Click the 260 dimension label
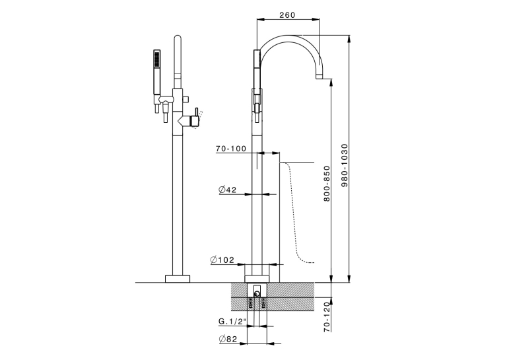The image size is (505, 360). (x=287, y=15)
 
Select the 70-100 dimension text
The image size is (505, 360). (x=231, y=149)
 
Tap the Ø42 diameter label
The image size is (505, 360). (x=227, y=190)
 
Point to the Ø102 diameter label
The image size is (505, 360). (x=222, y=260)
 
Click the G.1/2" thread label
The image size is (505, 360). (x=232, y=321)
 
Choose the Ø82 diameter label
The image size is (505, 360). (x=228, y=339)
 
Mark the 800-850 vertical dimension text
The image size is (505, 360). (x=327, y=184)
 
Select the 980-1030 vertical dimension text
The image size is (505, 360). (x=345, y=165)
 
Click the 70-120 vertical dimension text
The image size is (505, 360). (x=327, y=317)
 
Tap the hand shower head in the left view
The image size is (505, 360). (x=157, y=59)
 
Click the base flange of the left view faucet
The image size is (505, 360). (x=178, y=279)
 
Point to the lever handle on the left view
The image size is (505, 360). (x=196, y=118)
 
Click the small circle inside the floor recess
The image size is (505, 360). (x=257, y=293)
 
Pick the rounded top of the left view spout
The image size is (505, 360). (x=178, y=39)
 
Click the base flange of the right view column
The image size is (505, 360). (x=257, y=279)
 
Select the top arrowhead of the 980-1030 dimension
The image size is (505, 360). (x=349, y=38)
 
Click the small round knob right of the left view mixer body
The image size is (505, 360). (x=186, y=98)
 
